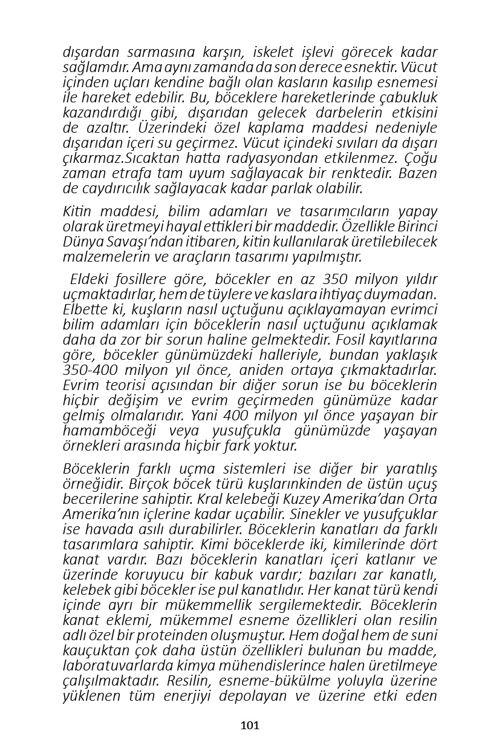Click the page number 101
(x=250, y=725)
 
